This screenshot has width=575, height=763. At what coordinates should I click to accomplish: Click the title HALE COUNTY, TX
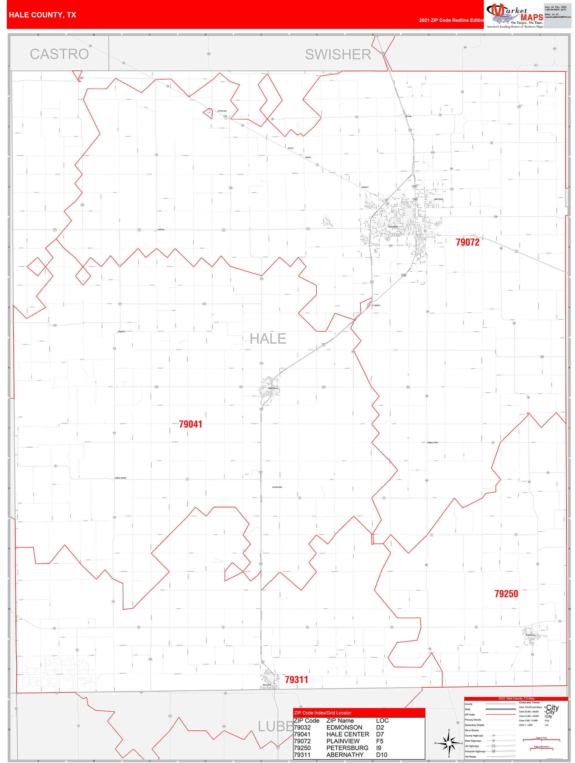43,15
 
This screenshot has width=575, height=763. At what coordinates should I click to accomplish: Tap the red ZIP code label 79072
467,242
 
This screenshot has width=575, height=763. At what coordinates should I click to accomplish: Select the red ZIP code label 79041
190,424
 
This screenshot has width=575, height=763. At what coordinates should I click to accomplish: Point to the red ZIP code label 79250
506,594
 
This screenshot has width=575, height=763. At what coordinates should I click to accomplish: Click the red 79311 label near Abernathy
296,680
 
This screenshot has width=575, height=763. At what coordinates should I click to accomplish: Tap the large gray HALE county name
268,339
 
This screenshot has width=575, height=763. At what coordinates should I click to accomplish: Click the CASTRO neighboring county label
59,54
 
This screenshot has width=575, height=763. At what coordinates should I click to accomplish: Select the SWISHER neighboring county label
338,55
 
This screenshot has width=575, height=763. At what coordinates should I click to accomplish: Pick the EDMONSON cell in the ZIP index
344,727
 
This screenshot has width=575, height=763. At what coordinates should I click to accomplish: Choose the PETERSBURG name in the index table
347,748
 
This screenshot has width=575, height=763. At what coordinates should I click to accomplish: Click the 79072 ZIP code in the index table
302,741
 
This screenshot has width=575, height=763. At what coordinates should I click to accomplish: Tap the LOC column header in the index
382,720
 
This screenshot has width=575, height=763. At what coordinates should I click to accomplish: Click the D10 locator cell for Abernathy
381,755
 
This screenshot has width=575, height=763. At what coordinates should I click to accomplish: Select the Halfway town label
161,229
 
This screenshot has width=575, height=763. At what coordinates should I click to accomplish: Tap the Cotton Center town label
121,478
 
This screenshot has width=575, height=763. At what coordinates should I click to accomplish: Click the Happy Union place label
432,443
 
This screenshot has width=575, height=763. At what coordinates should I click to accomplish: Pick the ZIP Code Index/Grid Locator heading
322,713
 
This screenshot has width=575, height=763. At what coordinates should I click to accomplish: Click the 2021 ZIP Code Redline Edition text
452,20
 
